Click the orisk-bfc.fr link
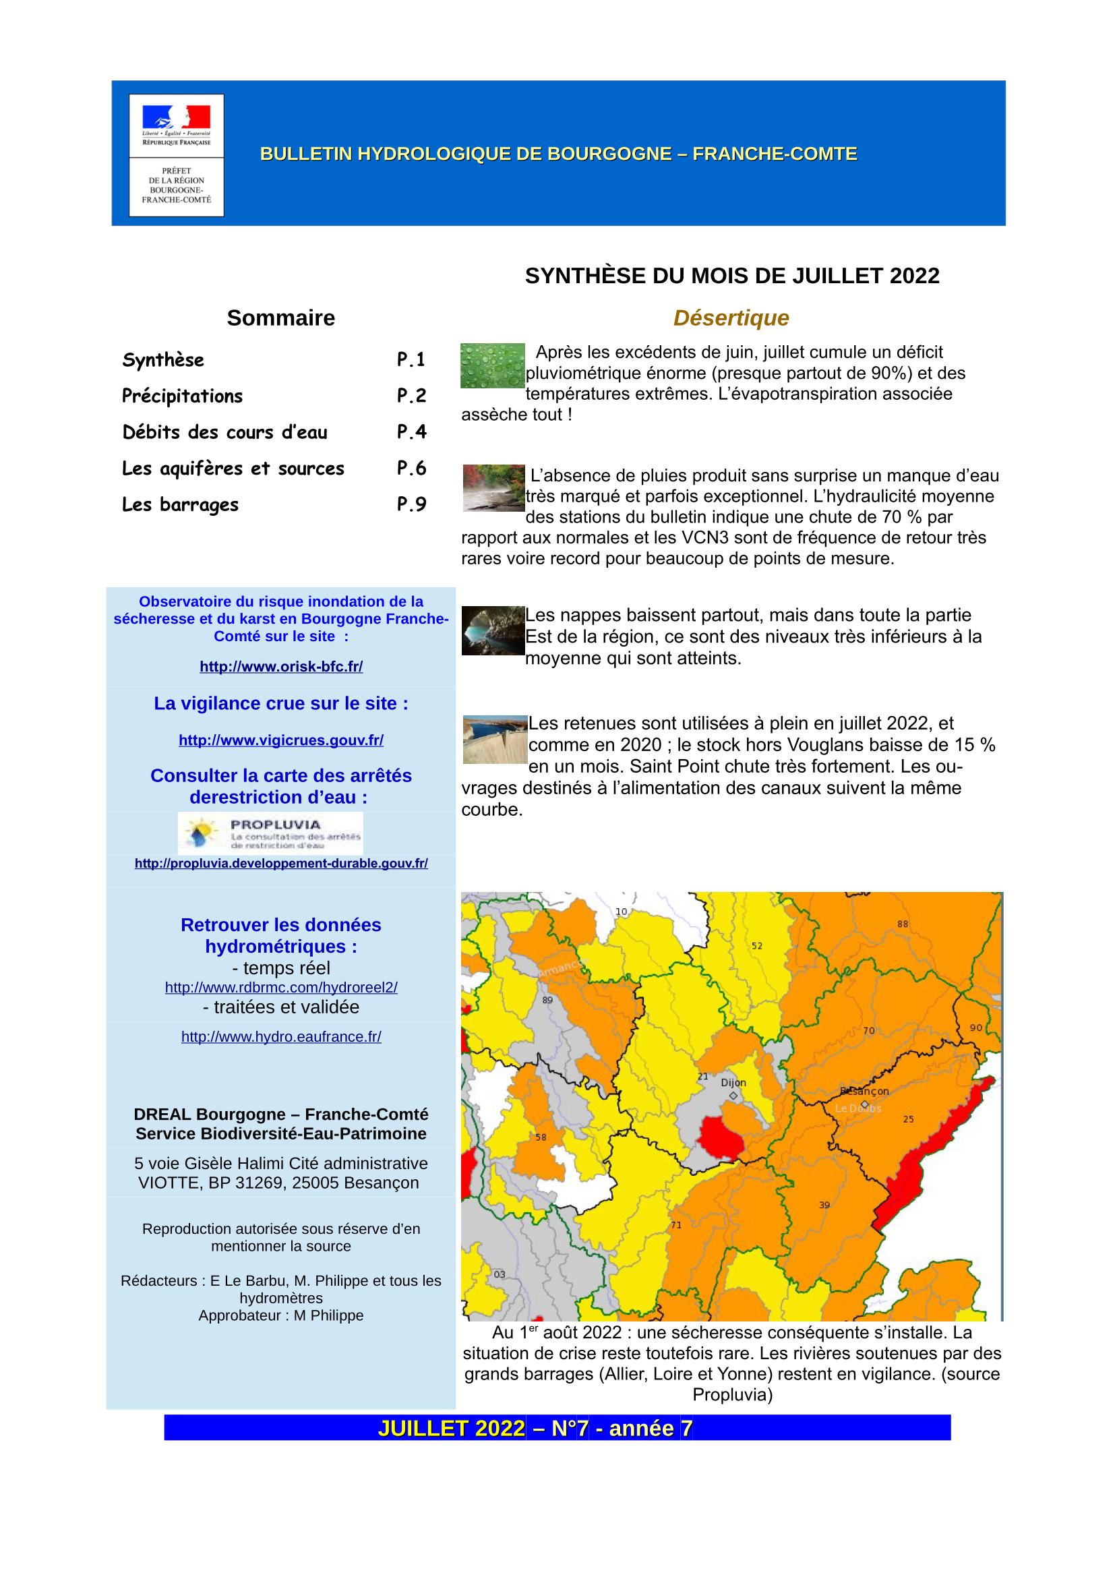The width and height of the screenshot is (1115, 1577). tap(281, 666)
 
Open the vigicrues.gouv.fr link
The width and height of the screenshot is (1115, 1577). tap(281, 740)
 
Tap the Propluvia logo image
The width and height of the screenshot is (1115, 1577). tap(270, 833)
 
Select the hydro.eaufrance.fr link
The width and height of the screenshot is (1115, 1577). tap(281, 1036)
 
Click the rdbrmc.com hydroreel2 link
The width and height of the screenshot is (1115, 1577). tap(281, 987)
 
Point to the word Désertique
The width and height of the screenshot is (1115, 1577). tap(731, 318)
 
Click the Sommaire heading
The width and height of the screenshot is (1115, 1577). tap(281, 318)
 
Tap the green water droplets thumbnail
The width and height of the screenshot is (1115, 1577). tap(492, 365)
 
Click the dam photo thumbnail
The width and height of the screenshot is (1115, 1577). tap(494, 739)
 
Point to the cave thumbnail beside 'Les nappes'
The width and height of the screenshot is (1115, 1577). tap(492, 630)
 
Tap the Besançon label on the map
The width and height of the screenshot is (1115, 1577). tap(864, 1091)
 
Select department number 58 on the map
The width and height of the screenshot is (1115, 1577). tap(541, 1137)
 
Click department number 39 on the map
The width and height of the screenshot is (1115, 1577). tap(824, 1205)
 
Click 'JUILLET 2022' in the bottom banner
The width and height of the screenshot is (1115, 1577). tap(451, 1428)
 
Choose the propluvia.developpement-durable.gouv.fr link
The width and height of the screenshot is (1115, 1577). tap(281, 864)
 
